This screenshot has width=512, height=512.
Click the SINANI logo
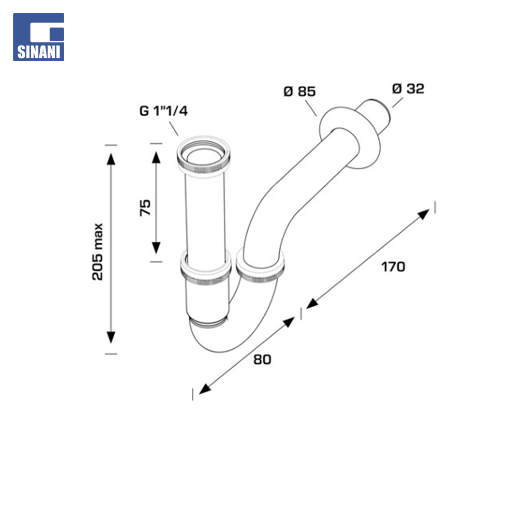tap(38, 37)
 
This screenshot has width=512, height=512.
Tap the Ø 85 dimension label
tap(300, 91)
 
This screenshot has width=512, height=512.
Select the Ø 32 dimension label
tap(408, 89)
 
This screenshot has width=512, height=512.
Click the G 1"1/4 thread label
tap(164, 111)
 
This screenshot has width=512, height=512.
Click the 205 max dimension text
tap(98, 251)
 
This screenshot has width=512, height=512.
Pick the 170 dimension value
tap(393, 267)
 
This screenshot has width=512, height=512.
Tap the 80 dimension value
tap(262, 359)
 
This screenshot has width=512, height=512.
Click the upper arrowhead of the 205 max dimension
tap(111, 159)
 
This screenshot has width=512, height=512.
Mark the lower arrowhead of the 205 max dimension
tap(111, 338)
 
